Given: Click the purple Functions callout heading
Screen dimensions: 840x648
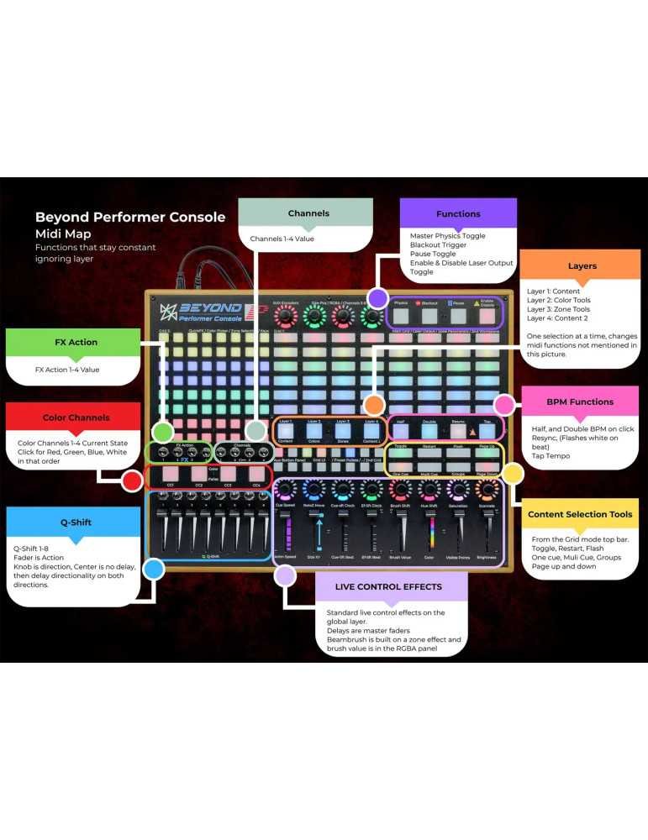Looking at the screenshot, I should [458, 213].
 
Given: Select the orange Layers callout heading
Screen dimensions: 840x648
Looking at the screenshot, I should [582, 265].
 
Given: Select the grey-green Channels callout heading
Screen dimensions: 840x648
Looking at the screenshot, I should [308, 213].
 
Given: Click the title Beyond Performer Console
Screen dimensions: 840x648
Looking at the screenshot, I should [130, 217].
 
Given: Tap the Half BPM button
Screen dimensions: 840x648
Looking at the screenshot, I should [400, 430].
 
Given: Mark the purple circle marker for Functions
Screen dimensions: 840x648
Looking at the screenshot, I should [377, 297].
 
